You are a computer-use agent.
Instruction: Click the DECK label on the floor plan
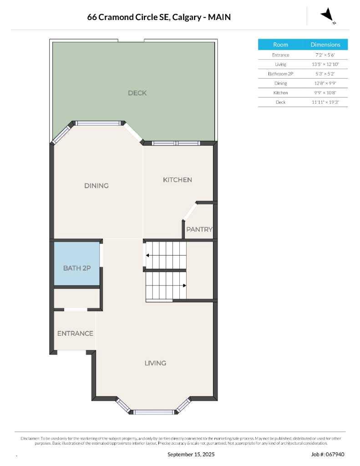click(137, 93)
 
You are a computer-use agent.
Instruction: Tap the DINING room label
click(96, 186)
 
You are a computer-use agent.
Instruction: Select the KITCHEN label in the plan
click(177, 180)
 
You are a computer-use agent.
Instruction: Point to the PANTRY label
click(199, 229)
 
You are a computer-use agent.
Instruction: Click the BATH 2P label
click(76, 268)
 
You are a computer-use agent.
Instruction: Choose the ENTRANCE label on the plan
click(75, 334)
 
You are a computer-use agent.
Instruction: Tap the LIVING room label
click(155, 363)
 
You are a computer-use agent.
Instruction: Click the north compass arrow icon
click(327, 15)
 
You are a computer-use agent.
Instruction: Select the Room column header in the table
click(280, 45)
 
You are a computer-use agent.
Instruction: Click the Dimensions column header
click(325, 45)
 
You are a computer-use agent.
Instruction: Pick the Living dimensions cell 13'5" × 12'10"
click(325, 64)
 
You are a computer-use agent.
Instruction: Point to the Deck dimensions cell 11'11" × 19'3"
click(325, 102)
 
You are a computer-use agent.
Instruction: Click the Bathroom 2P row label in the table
click(280, 74)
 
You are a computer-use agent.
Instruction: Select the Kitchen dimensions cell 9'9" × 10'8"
click(325, 93)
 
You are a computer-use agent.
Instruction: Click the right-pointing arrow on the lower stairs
click(184, 285)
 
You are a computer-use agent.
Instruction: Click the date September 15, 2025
click(191, 454)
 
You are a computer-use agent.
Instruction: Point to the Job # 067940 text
click(328, 454)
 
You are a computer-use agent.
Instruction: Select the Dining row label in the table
click(280, 83)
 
